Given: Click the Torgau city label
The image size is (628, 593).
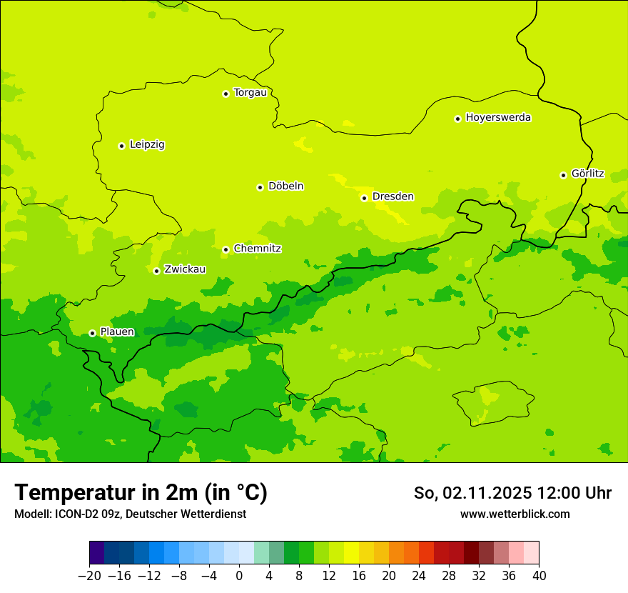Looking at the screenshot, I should click(x=250, y=92).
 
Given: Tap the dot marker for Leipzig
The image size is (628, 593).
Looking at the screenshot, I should click(x=121, y=146).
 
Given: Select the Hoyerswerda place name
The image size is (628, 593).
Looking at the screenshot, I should click(x=498, y=117).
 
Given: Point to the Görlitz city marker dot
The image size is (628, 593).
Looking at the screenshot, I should click(x=563, y=175).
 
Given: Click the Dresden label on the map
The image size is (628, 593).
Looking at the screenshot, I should click(x=392, y=196).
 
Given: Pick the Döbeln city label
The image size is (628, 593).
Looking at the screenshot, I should click(x=285, y=186).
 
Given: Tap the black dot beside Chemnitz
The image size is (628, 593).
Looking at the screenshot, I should click(x=226, y=249).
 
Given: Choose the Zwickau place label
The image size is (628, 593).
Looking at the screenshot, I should click(x=185, y=269).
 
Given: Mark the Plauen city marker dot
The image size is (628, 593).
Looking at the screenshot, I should click(x=92, y=333).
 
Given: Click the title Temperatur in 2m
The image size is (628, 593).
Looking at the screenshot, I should click(x=141, y=492).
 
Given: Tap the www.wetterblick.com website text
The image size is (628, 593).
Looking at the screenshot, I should click(x=515, y=514).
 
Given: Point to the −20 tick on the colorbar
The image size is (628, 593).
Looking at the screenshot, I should click(x=89, y=576).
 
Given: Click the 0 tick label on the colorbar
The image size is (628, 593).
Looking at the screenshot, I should click(x=239, y=576).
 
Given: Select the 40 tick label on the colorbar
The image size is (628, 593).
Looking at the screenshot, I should click(x=539, y=576).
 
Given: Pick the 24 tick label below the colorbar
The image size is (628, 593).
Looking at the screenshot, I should click(x=419, y=576).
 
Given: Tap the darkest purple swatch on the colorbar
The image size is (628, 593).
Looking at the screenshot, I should click(x=97, y=552).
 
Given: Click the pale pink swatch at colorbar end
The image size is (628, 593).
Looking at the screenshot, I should click(x=531, y=552).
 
